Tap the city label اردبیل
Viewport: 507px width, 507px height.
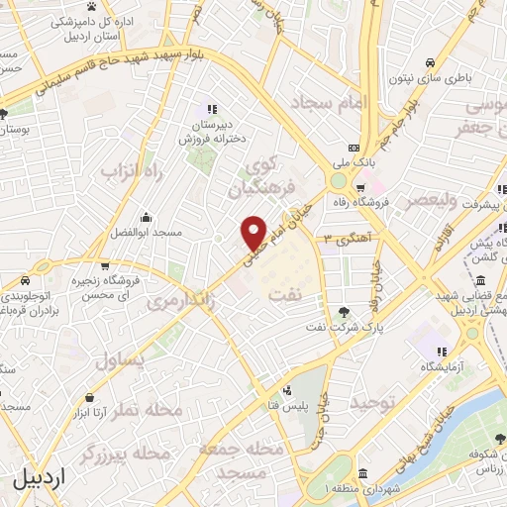coord(41,479)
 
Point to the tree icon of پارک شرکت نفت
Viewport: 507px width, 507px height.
coord(344,310)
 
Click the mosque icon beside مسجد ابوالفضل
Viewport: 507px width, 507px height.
coord(146,218)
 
